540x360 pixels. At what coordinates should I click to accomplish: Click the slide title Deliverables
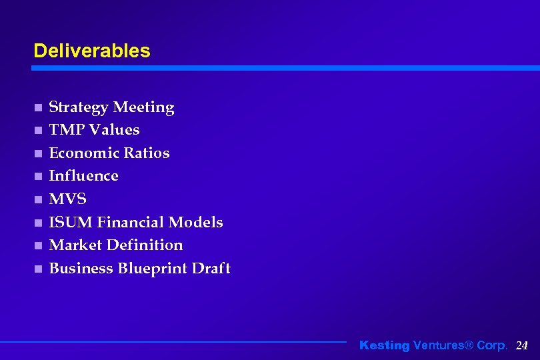coord(92,51)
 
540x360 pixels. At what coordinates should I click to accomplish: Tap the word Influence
coord(84,176)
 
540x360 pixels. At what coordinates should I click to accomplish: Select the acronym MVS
coord(68,199)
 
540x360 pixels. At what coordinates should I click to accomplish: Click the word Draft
coord(211,269)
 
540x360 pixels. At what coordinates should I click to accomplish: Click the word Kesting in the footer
coord(385,345)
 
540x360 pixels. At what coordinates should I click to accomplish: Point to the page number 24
coord(522,345)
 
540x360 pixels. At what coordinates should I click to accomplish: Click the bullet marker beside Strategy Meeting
coord(38,108)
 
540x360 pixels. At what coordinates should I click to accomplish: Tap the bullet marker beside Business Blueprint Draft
coord(38,269)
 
